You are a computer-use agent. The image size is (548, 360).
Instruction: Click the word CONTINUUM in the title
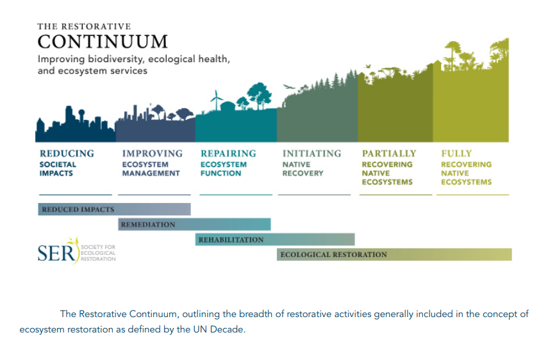pyautogui.click(x=103, y=42)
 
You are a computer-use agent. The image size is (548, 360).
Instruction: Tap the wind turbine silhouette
pyautogui.click(x=217, y=100)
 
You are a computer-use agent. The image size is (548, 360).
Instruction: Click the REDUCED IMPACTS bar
pyautogui.click(x=114, y=209)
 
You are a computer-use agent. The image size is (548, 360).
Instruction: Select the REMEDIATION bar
pyautogui.click(x=194, y=224)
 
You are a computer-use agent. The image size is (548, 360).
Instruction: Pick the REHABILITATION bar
pyautogui.click(x=275, y=240)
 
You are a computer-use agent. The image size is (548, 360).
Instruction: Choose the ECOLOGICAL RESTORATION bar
pyautogui.click(x=394, y=254)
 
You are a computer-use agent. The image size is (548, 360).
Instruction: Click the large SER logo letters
pyautogui.click(x=56, y=253)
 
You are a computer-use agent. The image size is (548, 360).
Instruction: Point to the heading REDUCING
pyautogui.click(x=67, y=154)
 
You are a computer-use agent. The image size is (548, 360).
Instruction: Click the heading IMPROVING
pyautogui.click(x=153, y=154)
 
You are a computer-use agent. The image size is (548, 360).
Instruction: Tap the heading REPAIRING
pyautogui.click(x=228, y=154)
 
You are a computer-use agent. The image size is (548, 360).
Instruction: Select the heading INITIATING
pyautogui.click(x=311, y=154)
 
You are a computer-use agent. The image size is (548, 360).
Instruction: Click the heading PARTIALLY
pyautogui.click(x=389, y=154)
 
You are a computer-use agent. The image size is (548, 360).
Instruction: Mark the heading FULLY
pyautogui.click(x=456, y=154)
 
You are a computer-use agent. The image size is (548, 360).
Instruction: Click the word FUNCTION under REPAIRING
pyautogui.click(x=220, y=173)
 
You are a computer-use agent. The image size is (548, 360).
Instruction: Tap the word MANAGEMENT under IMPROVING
pyautogui.click(x=151, y=173)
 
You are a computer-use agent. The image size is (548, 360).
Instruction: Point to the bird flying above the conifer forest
pyautogui.click(x=289, y=86)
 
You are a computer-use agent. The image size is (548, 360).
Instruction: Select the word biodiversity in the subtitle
pyautogui.click(x=115, y=59)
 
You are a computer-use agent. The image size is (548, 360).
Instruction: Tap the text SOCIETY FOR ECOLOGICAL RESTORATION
pyautogui.click(x=98, y=253)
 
